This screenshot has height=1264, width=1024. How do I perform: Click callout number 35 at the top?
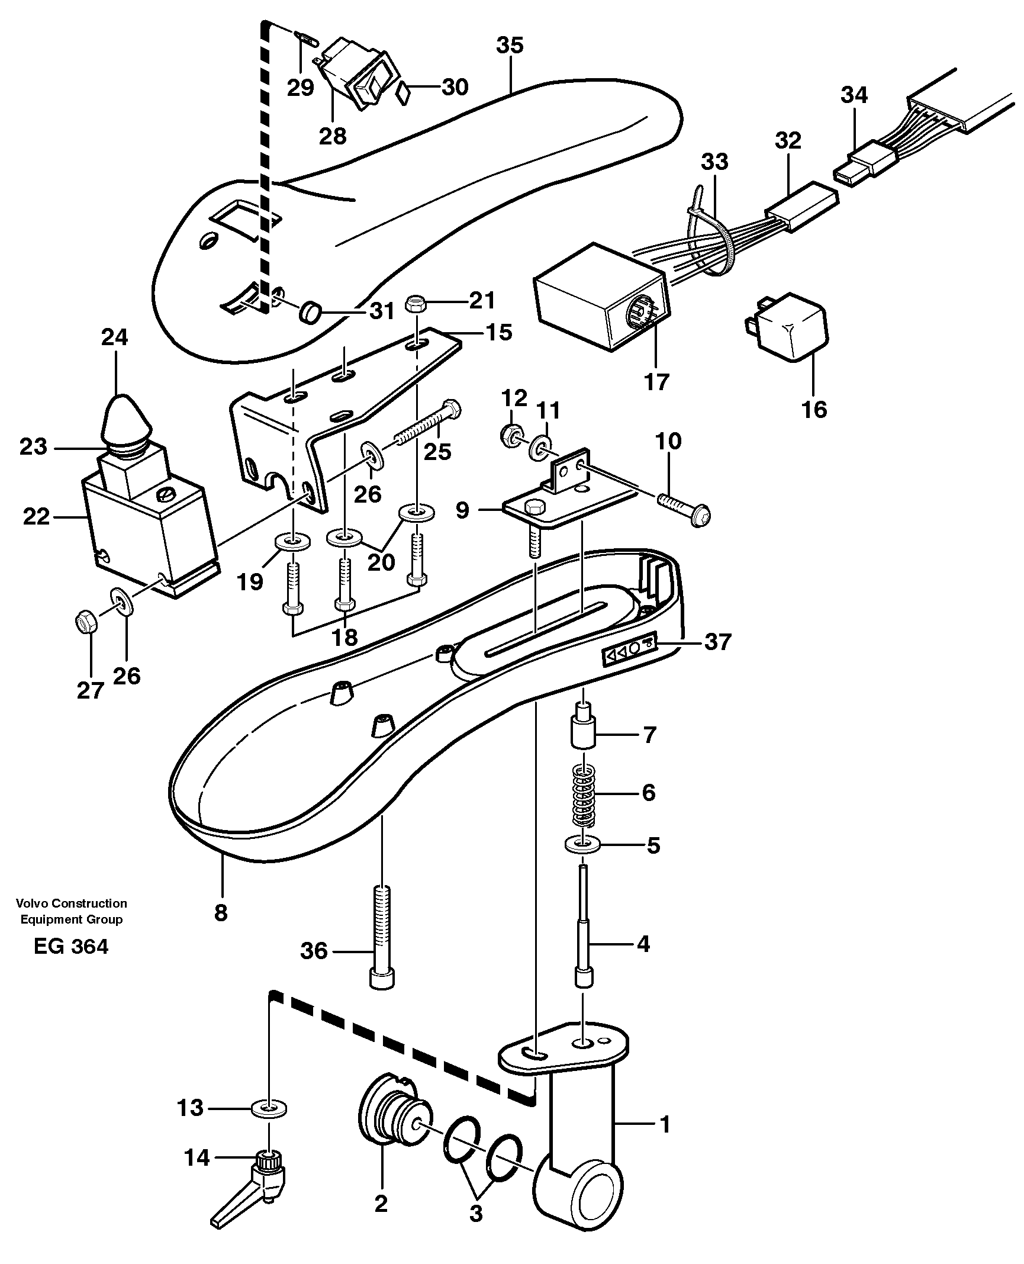pyautogui.click(x=510, y=46)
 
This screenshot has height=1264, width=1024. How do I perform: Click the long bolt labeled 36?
pyautogui.click(x=382, y=945)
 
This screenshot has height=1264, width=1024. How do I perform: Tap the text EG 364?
pyautogui.click(x=71, y=963)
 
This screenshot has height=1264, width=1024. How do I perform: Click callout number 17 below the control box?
pyautogui.click(x=656, y=382)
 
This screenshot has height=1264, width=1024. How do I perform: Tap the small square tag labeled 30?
pyautogui.click(x=404, y=93)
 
